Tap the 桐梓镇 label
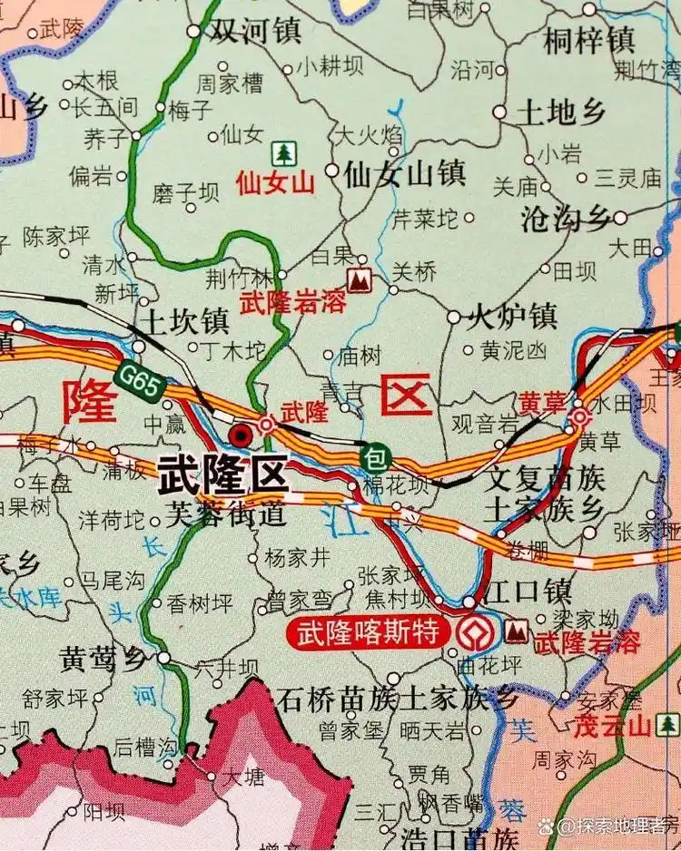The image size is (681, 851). click(x=588, y=39)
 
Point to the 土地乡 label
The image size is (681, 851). click(x=560, y=112)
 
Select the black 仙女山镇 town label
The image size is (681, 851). click(x=404, y=172)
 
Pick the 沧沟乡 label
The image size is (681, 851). click(x=564, y=218)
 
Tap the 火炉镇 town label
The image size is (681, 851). click(x=511, y=318)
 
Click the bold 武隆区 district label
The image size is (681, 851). click(x=222, y=474)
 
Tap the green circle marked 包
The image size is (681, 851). click(x=374, y=455)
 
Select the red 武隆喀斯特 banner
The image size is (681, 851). click(x=369, y=632)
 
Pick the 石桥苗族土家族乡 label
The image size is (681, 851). click(x=398, y=699)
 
